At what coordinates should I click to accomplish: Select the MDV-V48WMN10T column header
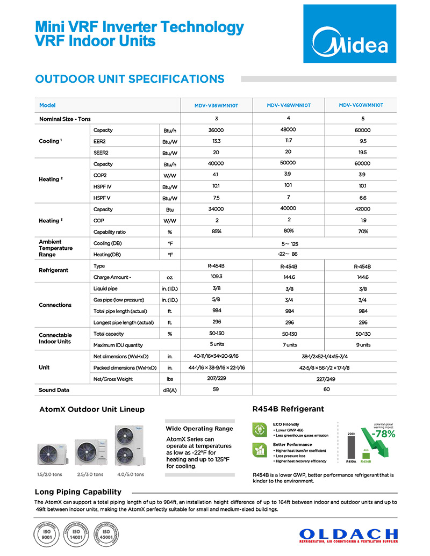[288, 105]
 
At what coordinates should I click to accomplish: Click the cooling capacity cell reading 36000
[216, 130]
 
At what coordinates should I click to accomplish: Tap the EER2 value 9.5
[362, 142]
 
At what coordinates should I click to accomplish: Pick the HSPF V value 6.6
[362, 198]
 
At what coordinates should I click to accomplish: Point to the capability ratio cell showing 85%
[216, 232]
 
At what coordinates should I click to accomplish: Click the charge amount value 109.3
[216, 277]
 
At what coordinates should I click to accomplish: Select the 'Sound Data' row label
[54, 390]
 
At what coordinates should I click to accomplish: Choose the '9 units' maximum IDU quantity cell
[362, 345]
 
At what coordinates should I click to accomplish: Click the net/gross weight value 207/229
[216, 379]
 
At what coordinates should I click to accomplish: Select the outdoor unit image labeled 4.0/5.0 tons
[131, 445]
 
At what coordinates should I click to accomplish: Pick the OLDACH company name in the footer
[348, 535]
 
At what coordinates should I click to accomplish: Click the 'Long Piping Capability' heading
[78, 492]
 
